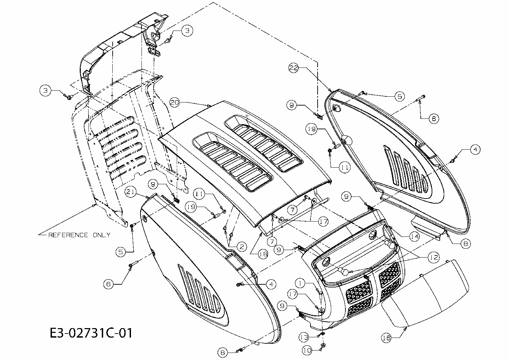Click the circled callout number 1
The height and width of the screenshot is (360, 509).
(300, 282)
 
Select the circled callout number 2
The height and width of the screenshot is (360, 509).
(241, 247)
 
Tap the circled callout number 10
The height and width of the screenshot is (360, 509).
(307, 349)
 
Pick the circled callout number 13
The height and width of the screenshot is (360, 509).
(304, 337)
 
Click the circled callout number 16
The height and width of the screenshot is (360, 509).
(387, 338)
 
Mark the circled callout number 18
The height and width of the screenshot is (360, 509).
(263, 253)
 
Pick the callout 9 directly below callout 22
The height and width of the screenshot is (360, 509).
(291, 106)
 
